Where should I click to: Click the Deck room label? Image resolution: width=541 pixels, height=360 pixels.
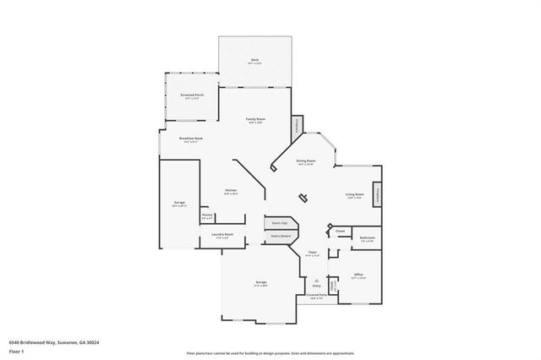click(x=254, y=60)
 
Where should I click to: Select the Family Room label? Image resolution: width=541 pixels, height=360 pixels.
click(x=256, y=119)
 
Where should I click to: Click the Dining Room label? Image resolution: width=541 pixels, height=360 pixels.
click(x=305, y=161)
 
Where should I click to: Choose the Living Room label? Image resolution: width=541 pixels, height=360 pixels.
click(x=353, y=195)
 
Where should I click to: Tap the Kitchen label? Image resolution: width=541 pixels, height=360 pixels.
click(x=231, y=191)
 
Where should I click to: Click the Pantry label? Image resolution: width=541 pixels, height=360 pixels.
click(x=207, y=215)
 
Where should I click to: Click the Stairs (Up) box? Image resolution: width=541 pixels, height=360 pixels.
click(x=279, y=223)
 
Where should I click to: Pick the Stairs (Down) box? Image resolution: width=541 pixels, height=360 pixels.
click(x=281, y=236)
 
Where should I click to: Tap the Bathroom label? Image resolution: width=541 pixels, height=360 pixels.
click(x=366, y=238)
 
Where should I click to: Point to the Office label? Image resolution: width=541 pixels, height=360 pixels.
click(x=358, y=275)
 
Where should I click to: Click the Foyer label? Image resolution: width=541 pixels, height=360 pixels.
click(x=312, y=252)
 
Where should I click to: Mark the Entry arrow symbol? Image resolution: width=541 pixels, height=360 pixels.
click(x=317, y=279)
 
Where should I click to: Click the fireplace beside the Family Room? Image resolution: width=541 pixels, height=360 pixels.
click(x=297, y=127)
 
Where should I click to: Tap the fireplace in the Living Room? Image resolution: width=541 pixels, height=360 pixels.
click(x=378, y=194)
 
